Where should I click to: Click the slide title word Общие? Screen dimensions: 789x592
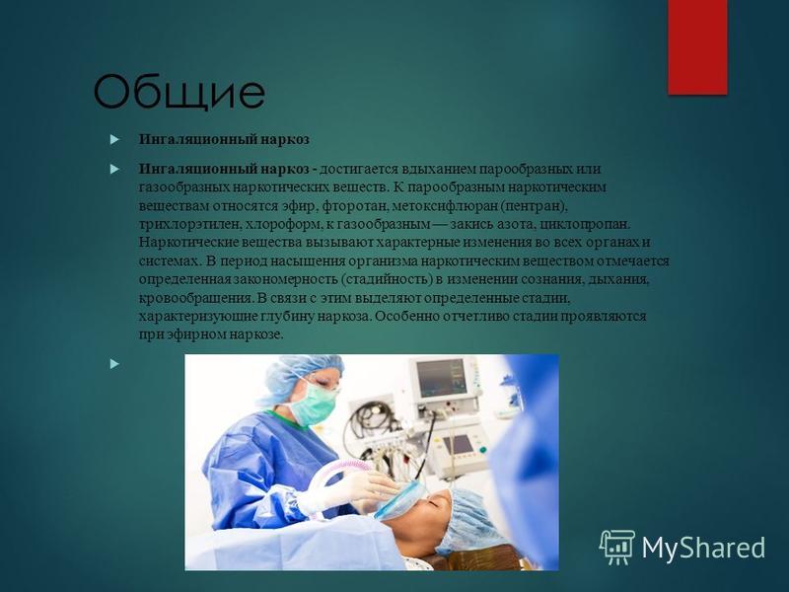(179, 92)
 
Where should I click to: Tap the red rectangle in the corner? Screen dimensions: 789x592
(697, 46)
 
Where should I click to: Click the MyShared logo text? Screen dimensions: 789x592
(703, 548)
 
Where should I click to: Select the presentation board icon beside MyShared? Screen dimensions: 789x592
(617, 548)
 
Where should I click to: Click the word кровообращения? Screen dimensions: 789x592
(195, 298)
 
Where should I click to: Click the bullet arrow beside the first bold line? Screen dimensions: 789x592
(114, 139)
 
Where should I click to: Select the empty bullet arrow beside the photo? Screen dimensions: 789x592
(114, 363)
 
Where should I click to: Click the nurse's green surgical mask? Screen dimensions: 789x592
(315, 403)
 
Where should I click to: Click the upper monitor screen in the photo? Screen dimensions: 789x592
(441, 377)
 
